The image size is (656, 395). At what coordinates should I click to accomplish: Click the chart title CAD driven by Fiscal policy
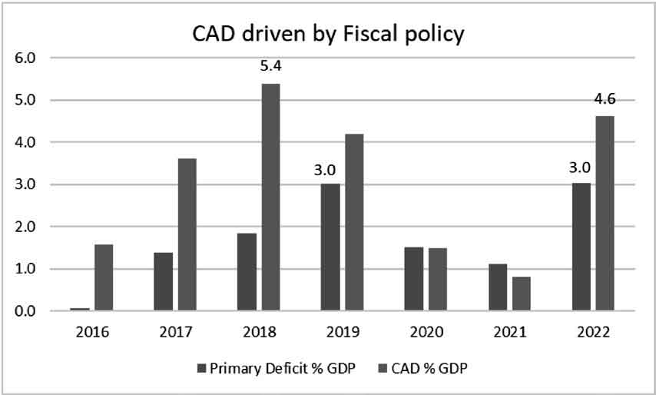click(327, 35)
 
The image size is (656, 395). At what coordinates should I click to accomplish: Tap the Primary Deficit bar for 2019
click(330, 247)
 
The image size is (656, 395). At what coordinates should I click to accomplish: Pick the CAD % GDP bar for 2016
click(104, 277)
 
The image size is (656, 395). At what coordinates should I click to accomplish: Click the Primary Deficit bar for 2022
click(581, 247)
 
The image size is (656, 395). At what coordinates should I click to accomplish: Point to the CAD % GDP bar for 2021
click(521, 294)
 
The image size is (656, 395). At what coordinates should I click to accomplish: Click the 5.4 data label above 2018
click(270, 68)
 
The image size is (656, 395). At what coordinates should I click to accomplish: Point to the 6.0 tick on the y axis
click(25, 58)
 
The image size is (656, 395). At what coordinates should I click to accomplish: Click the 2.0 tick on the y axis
click(25, 227)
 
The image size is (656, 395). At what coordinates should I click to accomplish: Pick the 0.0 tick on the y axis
click(25, 311)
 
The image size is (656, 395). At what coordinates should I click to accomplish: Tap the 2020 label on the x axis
click(426, 332)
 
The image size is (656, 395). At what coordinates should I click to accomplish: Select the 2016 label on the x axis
click(91, 332)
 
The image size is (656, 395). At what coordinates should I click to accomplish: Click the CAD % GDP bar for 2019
click(354, 222)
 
